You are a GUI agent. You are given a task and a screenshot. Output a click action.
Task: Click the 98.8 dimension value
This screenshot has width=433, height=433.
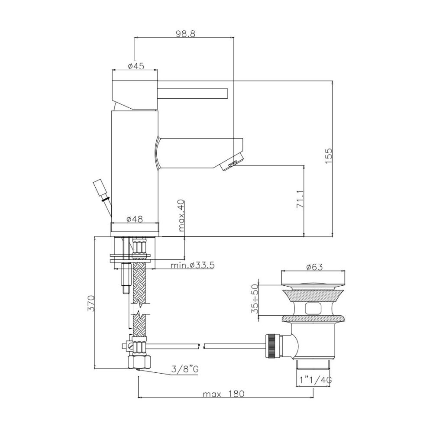click(186, 34)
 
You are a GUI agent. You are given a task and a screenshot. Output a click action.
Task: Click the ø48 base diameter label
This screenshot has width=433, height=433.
click(135, 219)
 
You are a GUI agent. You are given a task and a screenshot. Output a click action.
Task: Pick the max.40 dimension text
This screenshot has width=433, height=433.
click(181, 215)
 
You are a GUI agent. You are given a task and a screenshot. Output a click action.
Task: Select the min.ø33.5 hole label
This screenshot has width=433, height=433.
click(193, 265)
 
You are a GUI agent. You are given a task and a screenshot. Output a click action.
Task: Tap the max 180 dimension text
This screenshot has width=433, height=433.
click(224, 394)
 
